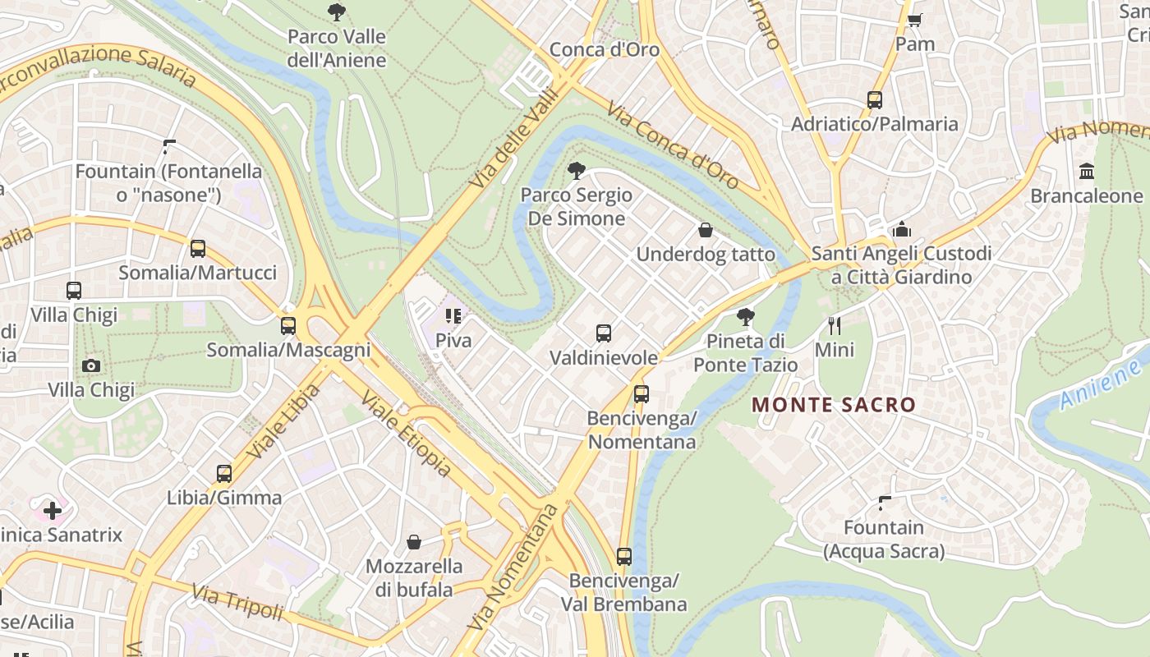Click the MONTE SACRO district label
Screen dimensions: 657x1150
click(833, 405)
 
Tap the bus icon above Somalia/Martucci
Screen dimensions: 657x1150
click(198, 249)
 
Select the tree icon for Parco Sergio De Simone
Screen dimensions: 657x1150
click(577, 171)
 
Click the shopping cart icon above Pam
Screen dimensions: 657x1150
click(914, 20)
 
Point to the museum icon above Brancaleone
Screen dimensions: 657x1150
click(1087, 172)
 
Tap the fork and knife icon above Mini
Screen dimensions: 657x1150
click(835, 326)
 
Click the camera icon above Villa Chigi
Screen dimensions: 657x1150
click(91, 365)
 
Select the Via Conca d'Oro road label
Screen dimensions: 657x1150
click(673, 145)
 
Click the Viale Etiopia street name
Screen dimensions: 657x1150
click(407, 434)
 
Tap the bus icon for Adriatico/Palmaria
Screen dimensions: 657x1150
click(875, 100)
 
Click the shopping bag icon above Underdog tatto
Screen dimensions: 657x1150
click(705, 231)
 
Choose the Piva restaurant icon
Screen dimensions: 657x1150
click(453, 316)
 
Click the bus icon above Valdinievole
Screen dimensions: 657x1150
click(604, 333)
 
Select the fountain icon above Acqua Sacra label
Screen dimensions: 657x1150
click(885, 503)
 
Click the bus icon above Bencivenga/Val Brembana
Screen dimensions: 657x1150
click(624, 557)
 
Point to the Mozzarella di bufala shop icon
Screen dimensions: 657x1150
click(414, 542)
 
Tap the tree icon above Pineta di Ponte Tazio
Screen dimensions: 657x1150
click(746, 317)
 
